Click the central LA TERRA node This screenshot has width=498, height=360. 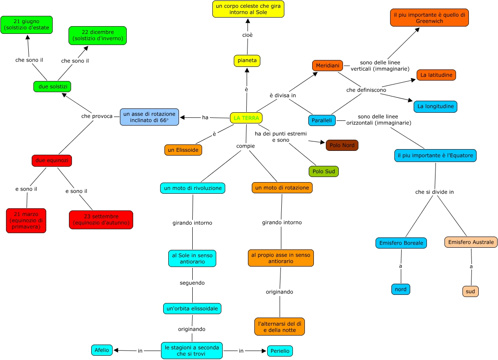point(246,118)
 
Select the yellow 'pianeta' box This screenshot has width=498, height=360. point(247,61)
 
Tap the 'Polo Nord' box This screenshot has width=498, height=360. point(342,145)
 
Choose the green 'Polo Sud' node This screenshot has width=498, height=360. point(323,171)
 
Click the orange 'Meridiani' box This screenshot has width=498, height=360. point(328,66)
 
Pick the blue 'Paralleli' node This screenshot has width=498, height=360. point(322,120)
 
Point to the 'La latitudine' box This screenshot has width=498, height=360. point(436,75)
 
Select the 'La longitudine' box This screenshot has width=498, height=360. point(435,107)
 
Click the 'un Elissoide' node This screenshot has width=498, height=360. point(183,150)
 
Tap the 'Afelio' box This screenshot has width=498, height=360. point(101,350)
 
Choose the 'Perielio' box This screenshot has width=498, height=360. point(280,351)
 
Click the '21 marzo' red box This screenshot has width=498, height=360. point(26,221)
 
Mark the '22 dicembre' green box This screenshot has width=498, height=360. point(98,36)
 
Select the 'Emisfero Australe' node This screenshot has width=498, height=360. point(471,242)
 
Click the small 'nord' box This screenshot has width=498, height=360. point(400,289)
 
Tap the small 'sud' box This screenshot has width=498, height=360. point(470,291)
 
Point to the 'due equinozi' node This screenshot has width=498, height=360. point(52,161)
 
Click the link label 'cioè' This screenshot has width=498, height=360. point(248,35)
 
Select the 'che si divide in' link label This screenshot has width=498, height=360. point(434,192)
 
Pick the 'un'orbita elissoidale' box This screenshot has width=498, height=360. point(192,309)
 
